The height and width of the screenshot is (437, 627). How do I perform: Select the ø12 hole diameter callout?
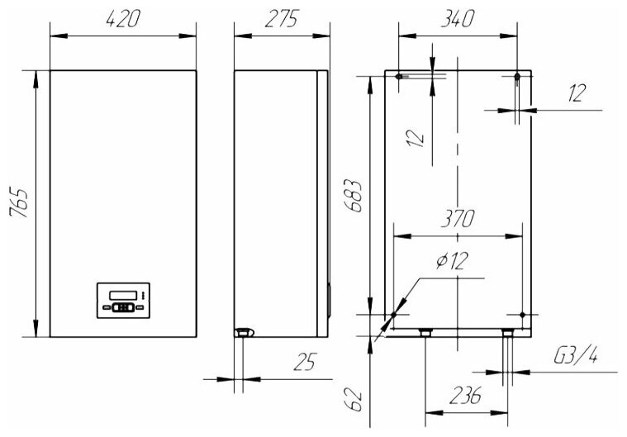coord(451,261)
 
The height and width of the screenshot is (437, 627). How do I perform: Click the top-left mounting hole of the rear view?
coord(398,77)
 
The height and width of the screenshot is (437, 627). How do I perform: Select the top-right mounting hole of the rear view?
coord(517,77)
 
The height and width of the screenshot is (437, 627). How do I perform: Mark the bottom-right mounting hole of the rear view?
coord(522,314)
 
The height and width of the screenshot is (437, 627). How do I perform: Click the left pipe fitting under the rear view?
coord(425,333)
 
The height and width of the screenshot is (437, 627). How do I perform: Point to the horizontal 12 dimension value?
coord(577,93)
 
